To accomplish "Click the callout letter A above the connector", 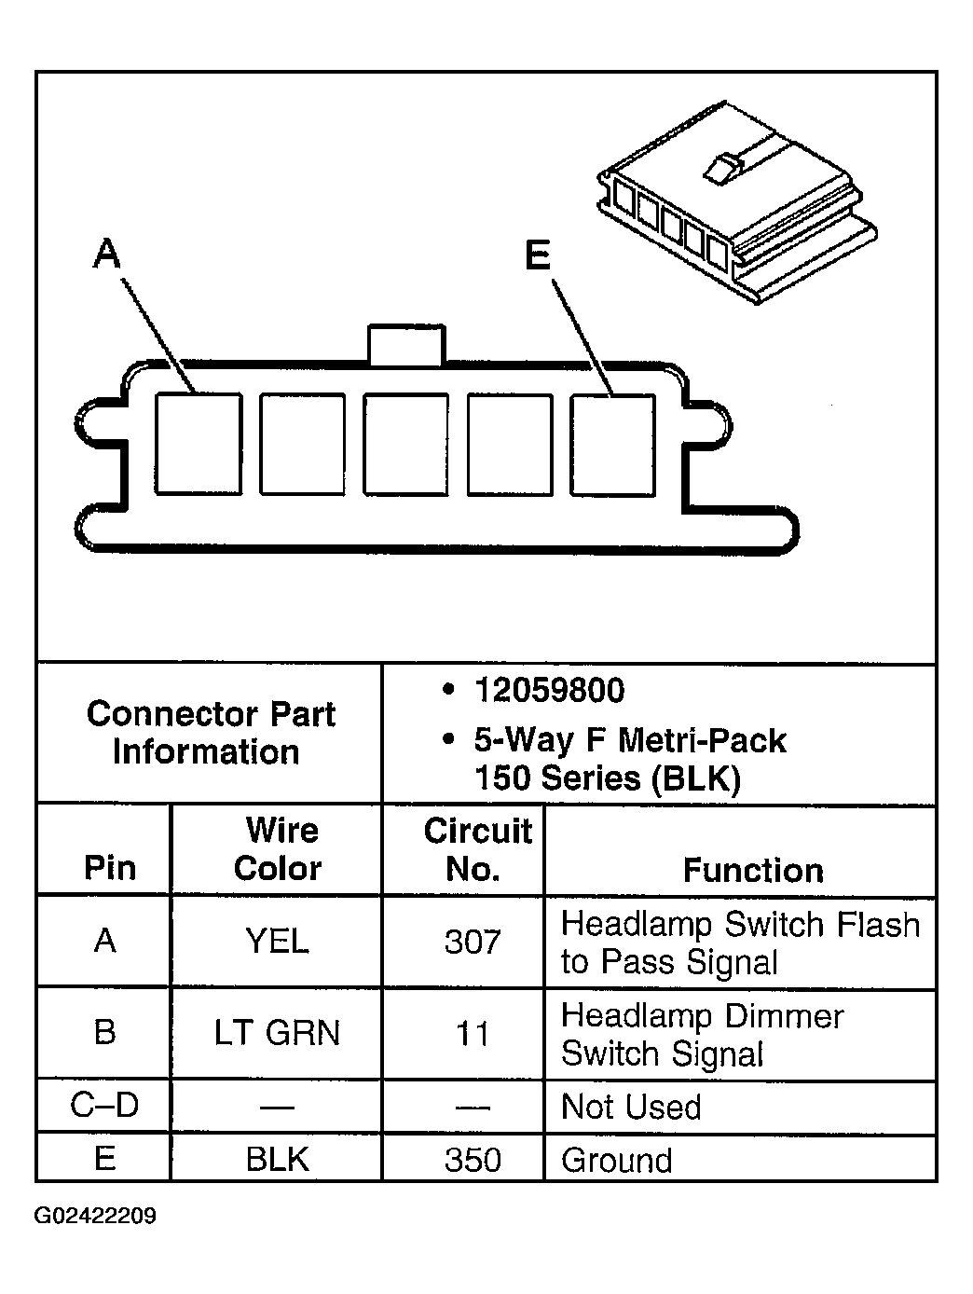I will coord(108,253).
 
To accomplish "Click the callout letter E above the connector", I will coord(538,255).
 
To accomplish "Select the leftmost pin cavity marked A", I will coord(199,443).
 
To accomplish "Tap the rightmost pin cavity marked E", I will coord(613,444).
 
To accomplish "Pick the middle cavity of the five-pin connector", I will coord(405,444).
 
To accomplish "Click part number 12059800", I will coord(549,691).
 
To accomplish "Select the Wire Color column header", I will coord(278,849).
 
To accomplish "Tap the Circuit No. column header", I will coord(475,849).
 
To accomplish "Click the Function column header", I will coord(753,870).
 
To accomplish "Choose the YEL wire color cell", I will coord(277,942).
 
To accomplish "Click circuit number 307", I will coord(473,942).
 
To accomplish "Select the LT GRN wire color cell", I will coord(277,1033).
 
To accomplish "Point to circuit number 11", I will coord(473,1034).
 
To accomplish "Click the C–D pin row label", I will coord(104,1106).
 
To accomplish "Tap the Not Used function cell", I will coord(631,1107).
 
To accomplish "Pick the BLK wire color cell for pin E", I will coord(277,1159).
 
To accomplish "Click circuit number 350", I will coord(473,1159).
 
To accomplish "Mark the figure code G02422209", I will coord(95,1217).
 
